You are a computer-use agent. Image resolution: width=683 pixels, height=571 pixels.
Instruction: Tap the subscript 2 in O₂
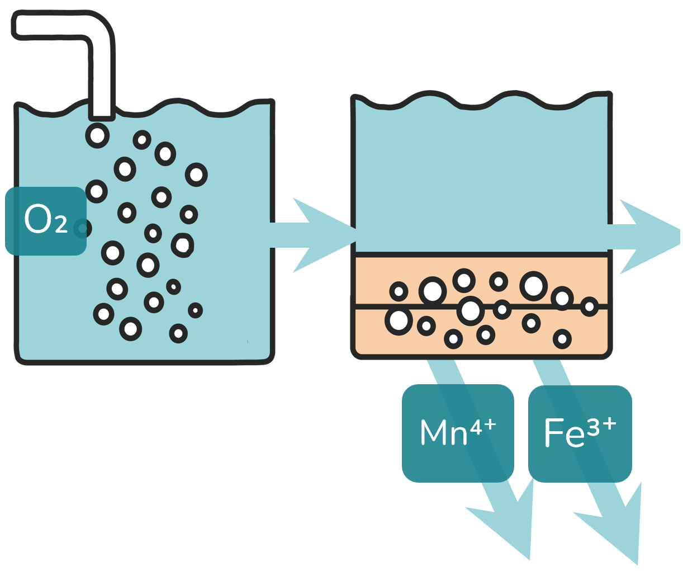[x=61, y=226]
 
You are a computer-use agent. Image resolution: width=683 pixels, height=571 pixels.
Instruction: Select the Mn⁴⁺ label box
[x=457, y=433]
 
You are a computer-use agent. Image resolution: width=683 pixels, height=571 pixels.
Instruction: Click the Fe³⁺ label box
[x=580, y=433]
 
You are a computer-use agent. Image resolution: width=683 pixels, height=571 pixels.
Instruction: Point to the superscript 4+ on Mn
[x=482, y=427]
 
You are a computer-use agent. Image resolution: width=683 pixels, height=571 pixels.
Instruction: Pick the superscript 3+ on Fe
[x=601, y=427]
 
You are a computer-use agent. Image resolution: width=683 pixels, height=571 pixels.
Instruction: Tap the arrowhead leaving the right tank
[x=651, y=236]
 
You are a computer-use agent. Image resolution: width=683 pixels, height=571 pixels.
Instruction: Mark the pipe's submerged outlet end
[x=102, y=116]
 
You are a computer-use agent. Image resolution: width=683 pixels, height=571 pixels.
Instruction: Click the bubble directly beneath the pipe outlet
[x=97, y=135]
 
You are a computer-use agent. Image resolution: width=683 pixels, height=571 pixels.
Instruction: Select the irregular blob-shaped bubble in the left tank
[x=182, y=244]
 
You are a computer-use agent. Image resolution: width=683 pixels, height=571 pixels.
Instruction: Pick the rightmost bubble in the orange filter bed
[x=589, y=306]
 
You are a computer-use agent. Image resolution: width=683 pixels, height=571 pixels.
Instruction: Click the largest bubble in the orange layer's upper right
[x=533, y=286]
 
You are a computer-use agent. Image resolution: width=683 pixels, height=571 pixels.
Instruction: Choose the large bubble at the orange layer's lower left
[x=399, y=321]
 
